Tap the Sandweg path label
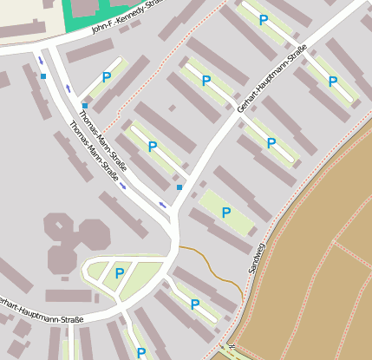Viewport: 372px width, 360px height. point(257,257)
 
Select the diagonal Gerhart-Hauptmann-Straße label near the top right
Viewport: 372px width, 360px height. point(272,82)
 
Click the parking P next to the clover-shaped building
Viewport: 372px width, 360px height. point(120,273)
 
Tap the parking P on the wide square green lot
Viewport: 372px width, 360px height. point(226,212)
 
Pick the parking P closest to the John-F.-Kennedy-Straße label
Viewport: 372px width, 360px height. point(107,77)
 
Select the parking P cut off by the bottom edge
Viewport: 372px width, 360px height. point(141,352)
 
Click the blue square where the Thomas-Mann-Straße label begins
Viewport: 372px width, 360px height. point(85,106)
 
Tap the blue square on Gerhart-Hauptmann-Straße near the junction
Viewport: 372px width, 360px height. point(179,187)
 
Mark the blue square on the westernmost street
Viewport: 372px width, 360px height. point(43,76)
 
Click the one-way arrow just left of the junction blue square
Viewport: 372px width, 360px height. point(163,204)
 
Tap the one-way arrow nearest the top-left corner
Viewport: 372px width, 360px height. point(39,60)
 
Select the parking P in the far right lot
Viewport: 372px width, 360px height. point(332,82)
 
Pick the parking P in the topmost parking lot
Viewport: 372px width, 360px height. point(263,19)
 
